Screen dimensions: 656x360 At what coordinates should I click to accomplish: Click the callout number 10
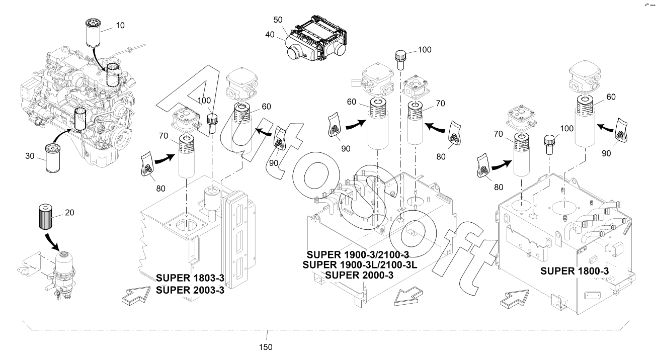[120, 26]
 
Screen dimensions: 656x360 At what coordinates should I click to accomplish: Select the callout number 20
[69, 213]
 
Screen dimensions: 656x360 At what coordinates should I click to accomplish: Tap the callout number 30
[30, 156]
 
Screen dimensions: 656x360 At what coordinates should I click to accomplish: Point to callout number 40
[270, 35]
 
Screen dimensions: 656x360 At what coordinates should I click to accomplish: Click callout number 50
[278, 20]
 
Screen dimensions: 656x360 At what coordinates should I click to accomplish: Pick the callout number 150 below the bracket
[266, 347]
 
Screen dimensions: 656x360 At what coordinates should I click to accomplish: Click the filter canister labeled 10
[93, 33]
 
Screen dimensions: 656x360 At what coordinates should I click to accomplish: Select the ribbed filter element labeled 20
[45, 217]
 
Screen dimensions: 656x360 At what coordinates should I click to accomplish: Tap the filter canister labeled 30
[53, 158]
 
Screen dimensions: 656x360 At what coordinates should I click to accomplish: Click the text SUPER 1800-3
[575, 271]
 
